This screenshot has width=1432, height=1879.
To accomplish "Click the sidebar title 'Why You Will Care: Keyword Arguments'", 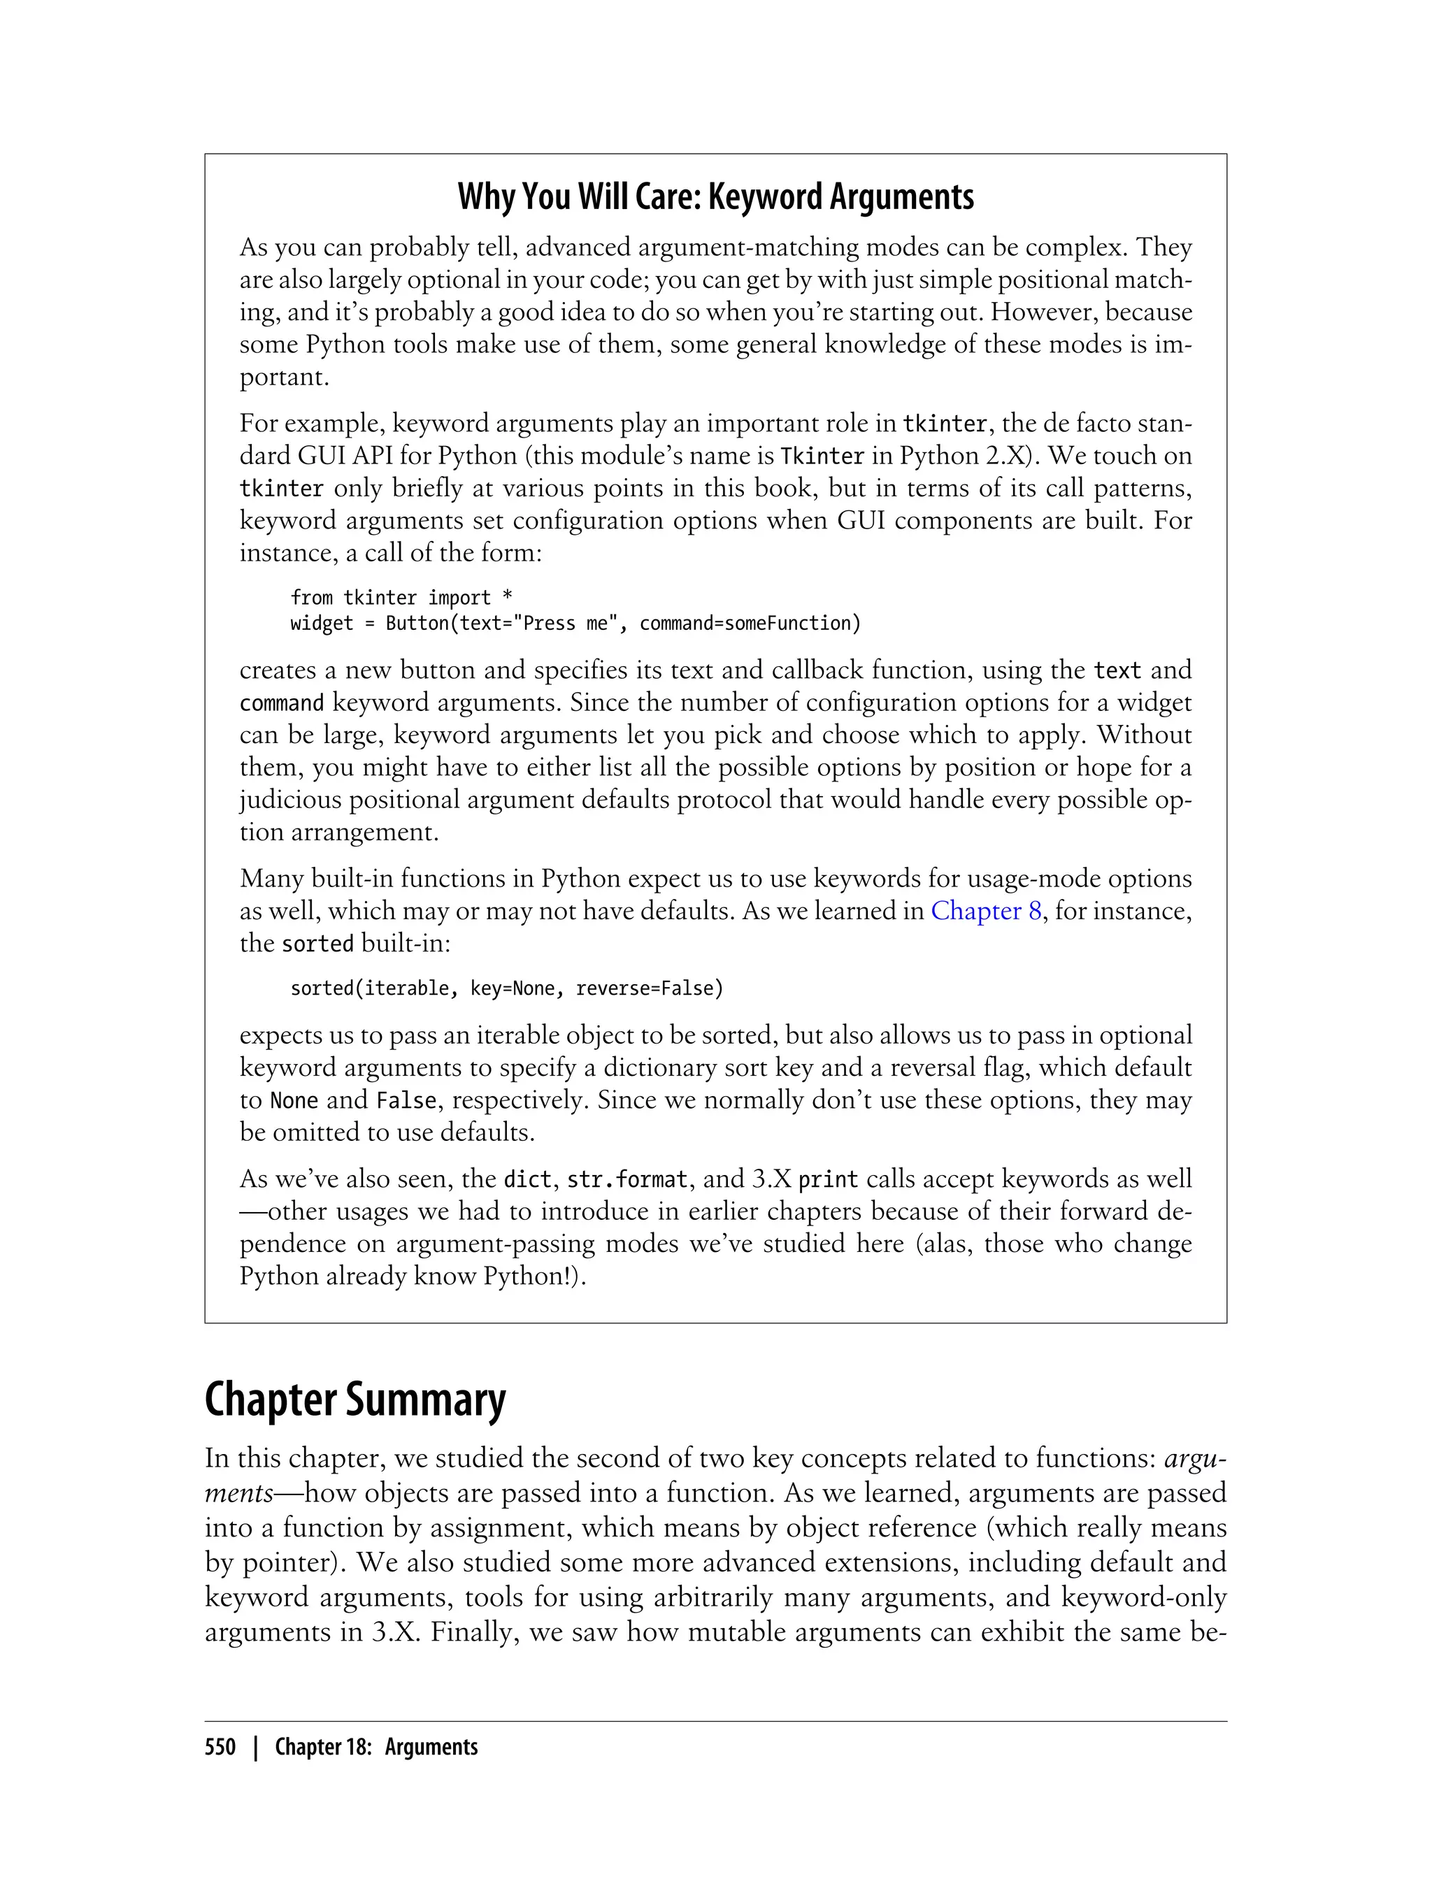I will [x=715, y=197].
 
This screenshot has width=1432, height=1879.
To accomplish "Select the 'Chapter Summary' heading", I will [x=355, y=1400].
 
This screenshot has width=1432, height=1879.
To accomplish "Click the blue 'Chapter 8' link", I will [x=985, y=911].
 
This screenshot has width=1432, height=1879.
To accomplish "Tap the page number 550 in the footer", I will [x=220, y=1747].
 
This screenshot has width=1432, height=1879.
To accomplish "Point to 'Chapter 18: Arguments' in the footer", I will [x=376, y=1747].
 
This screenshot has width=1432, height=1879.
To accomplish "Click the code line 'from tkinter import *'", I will [x=401, y=598].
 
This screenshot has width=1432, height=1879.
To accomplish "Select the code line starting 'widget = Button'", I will [x=575, y=623].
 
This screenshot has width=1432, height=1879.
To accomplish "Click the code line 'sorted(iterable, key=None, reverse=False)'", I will [x=506, y=988].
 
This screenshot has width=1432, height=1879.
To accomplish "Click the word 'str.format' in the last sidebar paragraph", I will [x=626, y=1179].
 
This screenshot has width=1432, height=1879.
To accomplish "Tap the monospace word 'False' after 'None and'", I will [x=406, y=1101].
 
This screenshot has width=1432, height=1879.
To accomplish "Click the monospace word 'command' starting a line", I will [x=281, y=703].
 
